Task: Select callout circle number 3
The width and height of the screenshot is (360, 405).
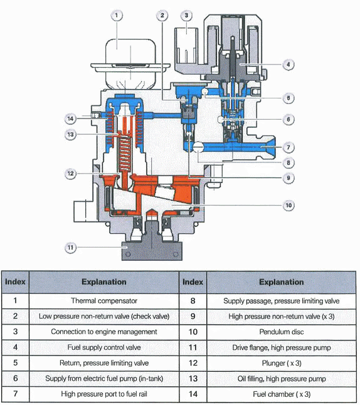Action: (186, 15)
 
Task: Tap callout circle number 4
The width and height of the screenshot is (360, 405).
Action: (287, 63)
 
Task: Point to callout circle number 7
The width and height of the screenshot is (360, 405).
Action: (287, 147)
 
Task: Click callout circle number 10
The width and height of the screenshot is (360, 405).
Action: (287, 205)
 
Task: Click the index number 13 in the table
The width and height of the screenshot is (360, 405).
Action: (192, 378)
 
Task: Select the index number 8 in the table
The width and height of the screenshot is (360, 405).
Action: (192, 300)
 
